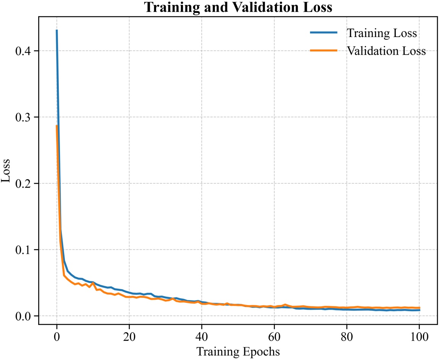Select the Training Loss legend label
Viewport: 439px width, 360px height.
(x=381, y=33)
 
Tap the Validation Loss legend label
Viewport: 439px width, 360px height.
(x=386, y=51)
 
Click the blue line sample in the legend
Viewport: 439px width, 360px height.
(x=324, y=33)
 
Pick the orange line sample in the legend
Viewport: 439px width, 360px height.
(x=324, y=51)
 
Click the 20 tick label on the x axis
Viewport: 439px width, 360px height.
(x=129, y=337)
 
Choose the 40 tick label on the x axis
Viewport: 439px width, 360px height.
(x=202, y=337)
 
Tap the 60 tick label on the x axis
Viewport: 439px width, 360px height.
(x=274, y=337)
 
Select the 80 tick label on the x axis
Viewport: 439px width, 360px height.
(x=347, y=337)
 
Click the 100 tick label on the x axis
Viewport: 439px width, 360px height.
(x=420, y=337)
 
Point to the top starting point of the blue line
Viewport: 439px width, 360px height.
(x=57, y=30)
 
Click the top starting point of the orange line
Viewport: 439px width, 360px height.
(x=57, y=125)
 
